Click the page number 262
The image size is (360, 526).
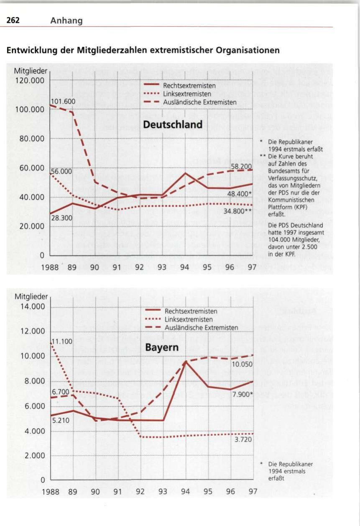click(x=13, y=20)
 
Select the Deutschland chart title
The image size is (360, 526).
click(x=173, y=124)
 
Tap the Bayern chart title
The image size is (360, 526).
click(x=162, y=348)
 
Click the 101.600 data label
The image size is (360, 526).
click(x=63, y=101)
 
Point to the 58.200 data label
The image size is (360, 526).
click(x=241, y=166)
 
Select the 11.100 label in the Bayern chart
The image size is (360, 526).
click(x=63, y=341)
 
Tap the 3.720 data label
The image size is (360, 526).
click(x=243, y=439)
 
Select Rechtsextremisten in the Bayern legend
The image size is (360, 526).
click(x=191, y=311)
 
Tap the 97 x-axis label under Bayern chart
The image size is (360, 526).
click(x=253, y=492)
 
